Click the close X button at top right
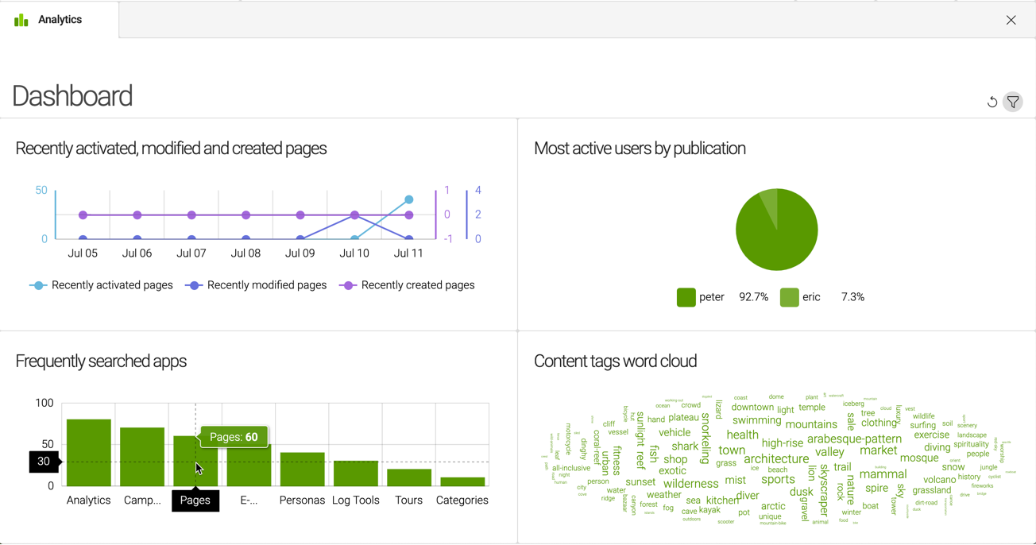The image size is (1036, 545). pos(1011,21)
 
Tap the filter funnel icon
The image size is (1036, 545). pos(1013,102)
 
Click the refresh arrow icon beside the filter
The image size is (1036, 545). pos(992,102)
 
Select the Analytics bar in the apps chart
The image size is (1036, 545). pos(89,453)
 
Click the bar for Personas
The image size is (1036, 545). pos(303,470)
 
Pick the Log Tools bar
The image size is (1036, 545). pos(356,473)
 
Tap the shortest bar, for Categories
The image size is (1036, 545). pos(462,481)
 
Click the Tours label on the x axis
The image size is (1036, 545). pos(408,501)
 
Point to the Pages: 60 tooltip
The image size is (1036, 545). pos(234,437)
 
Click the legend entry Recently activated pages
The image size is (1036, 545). pos(111,285)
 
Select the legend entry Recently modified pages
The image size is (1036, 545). pos(266,285)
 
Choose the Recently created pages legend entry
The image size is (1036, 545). pos(417,285)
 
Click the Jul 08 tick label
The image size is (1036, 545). pos(245,253)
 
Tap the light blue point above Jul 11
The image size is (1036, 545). pos(409,199)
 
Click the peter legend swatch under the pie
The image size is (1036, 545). pos(686,297)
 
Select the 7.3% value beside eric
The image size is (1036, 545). pos(852,297)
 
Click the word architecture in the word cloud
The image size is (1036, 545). pos(776,459)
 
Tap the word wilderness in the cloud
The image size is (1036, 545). pos(690,483)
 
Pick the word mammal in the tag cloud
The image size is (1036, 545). pos(883,474)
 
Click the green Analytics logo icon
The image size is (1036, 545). pos(21,20)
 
